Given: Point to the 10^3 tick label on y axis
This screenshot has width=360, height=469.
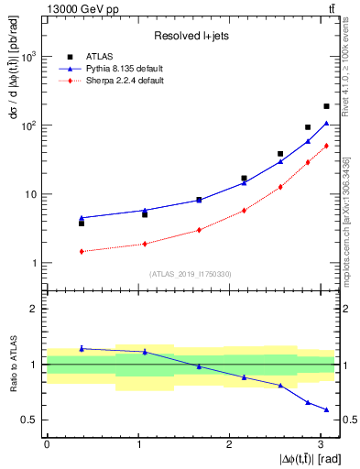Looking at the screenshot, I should [28, 56].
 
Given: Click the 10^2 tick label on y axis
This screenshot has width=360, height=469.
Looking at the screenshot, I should [28, 125].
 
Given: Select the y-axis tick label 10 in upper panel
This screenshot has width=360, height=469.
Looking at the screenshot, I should [31, 194].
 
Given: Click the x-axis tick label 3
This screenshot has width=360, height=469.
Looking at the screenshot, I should [321, 444].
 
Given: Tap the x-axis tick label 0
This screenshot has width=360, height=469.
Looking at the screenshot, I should [47, 444].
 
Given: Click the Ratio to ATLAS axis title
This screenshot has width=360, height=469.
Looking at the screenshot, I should [12, 365].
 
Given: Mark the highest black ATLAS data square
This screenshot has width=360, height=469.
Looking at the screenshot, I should [326, 106].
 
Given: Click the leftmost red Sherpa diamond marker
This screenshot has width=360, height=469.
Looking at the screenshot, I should [82, 251].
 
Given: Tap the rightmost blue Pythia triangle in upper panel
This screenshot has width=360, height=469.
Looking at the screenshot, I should [326, 123].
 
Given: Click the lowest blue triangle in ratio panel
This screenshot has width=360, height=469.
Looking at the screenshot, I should [326, 409].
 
